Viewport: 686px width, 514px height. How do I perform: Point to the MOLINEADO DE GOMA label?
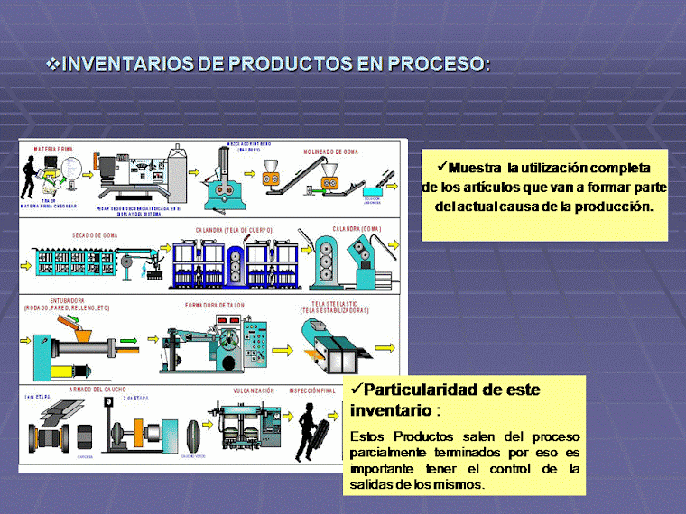tap(330, 152)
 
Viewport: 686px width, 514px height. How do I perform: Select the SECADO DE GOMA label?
tap(91, 234)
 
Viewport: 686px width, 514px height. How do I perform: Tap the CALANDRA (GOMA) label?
tap(357, 228)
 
